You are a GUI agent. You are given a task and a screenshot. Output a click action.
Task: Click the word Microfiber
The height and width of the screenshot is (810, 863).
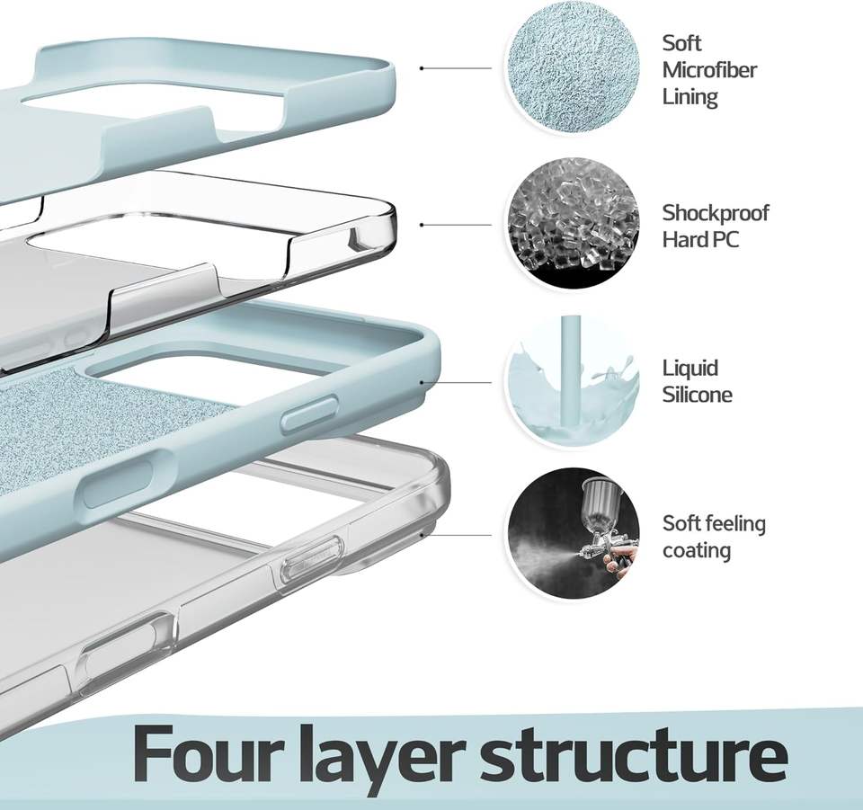pos(709,70)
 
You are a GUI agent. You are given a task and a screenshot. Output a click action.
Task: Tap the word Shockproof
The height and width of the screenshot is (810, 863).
pos(715,213)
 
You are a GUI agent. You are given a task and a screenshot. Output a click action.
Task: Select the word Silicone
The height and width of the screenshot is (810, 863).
pos(697,395)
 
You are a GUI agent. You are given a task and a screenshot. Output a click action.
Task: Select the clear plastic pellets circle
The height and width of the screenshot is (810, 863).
pos(573,224)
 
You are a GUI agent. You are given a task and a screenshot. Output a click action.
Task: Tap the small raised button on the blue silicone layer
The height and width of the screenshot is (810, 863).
pos(310,412)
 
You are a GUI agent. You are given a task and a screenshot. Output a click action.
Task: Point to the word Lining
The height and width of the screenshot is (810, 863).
pos(690,97)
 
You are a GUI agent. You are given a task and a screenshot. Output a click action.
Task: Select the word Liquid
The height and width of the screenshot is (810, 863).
pos(690,369)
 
